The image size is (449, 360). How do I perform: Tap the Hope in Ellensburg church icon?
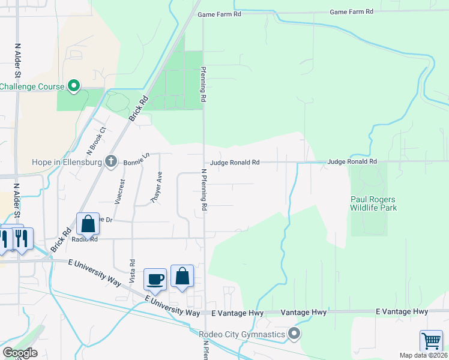110,161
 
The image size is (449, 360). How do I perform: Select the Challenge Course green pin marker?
74,86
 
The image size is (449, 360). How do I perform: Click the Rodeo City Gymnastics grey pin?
294,333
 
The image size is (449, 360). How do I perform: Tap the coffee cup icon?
155,278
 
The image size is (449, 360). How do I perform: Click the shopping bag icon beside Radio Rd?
88,224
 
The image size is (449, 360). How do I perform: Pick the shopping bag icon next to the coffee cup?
182,277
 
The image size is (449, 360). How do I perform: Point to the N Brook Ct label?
96,139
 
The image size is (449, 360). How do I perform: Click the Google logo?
20,353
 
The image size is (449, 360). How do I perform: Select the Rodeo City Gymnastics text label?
243,334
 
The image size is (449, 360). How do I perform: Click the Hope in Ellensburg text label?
67,161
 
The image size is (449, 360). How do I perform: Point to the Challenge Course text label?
32,86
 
